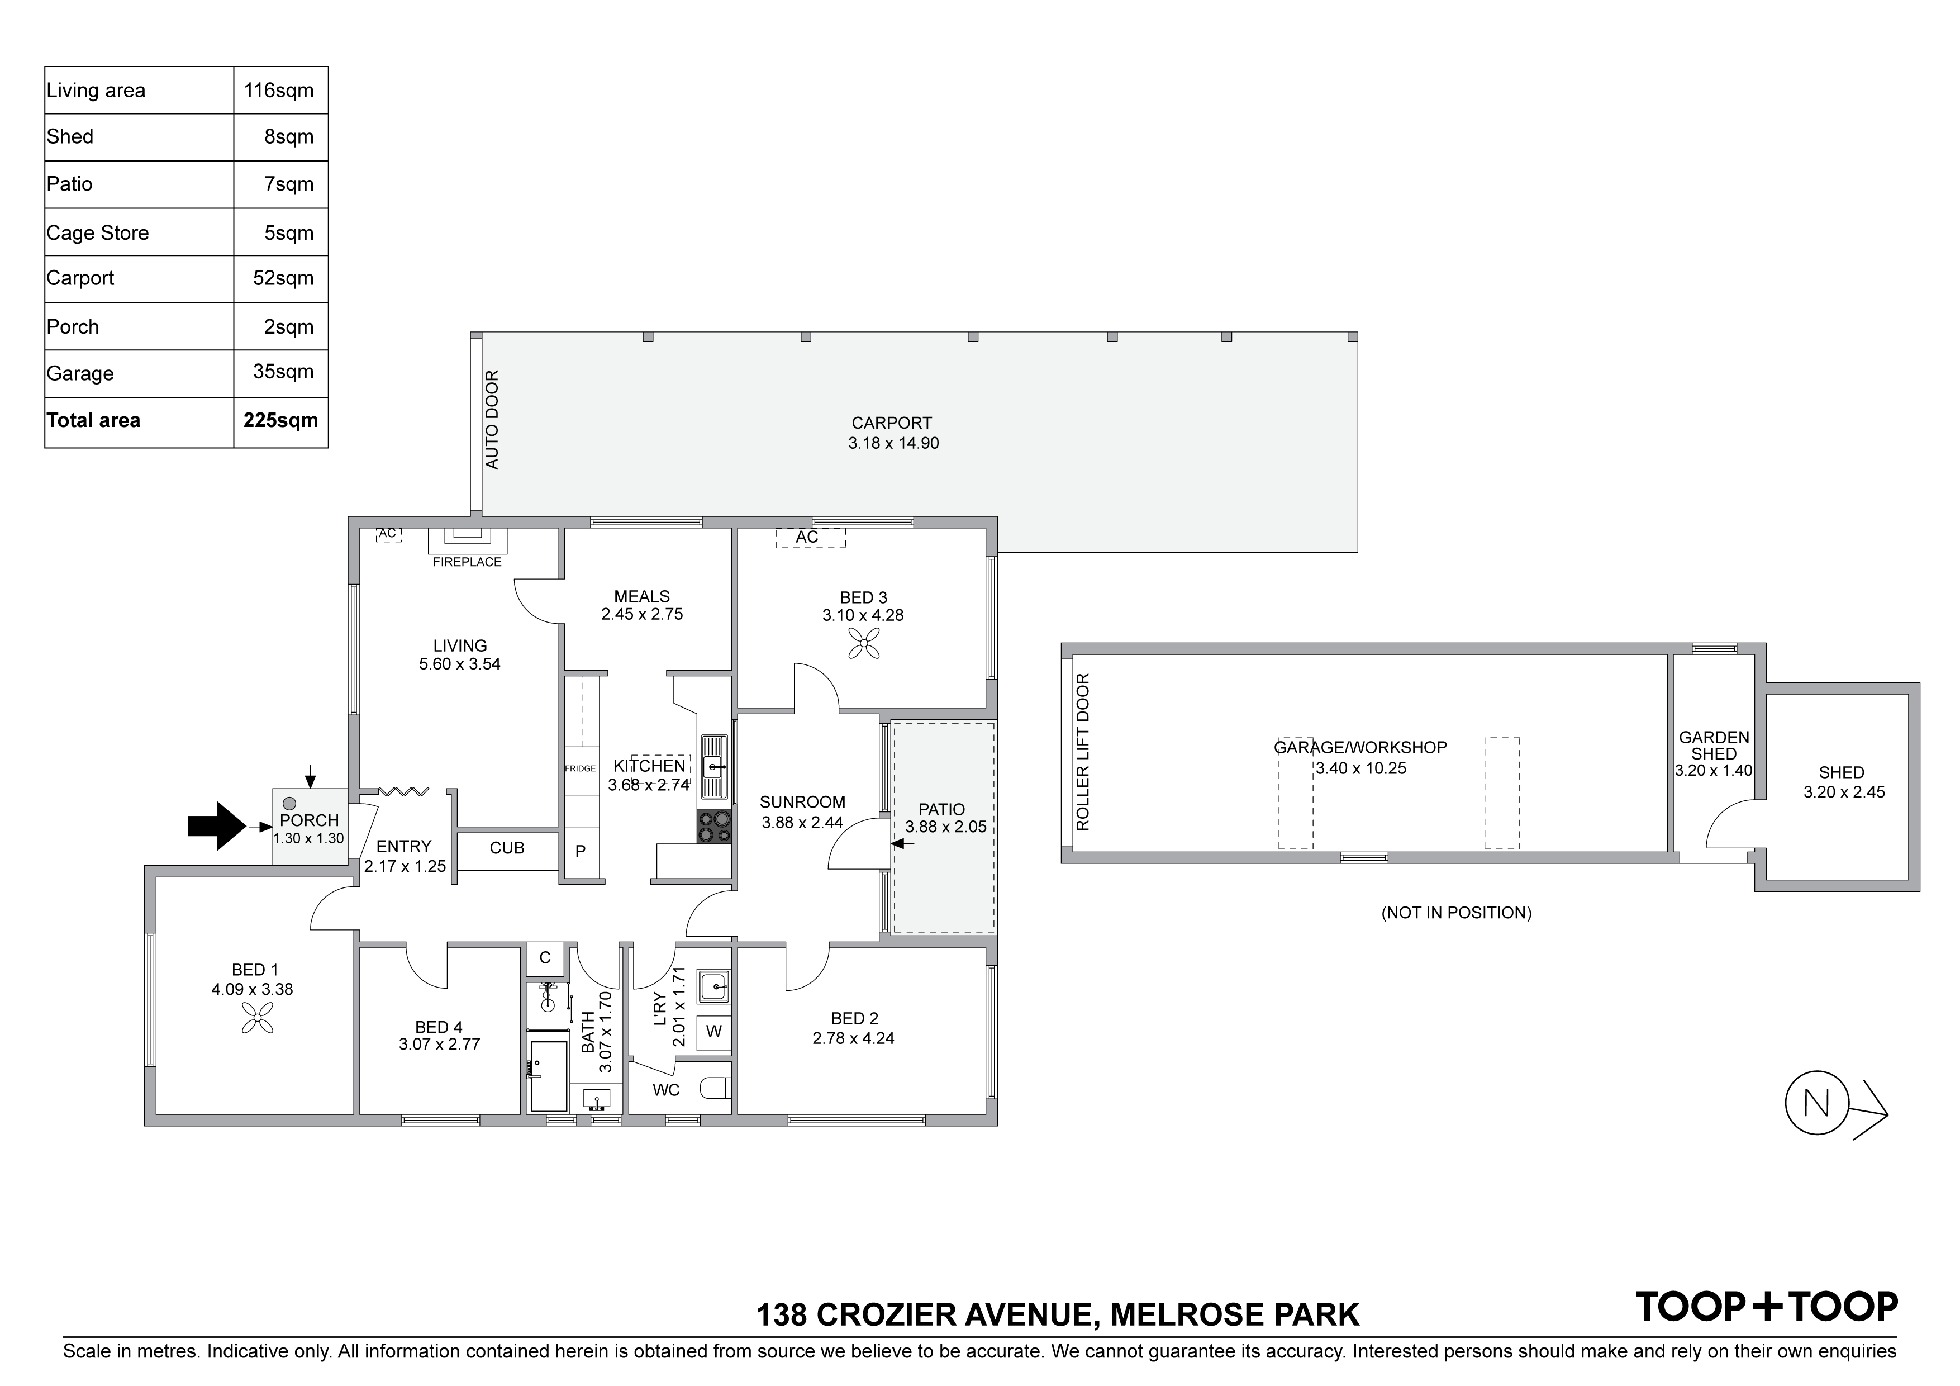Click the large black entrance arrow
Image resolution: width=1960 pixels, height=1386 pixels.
[x=216, y=826]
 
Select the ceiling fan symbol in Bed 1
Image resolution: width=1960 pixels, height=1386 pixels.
[x=257, y=1018]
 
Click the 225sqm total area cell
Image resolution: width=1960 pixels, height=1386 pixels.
[x=280, y=420]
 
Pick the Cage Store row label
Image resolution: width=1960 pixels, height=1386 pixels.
[x=97, y=233]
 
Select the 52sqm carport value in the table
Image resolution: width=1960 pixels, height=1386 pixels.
[x=283, y=278]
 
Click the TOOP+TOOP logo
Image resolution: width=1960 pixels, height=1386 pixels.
[x=1766, y=1307]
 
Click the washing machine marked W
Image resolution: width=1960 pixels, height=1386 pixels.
[x=713, y=1032]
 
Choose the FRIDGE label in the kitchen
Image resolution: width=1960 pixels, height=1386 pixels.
[x=581, y=768]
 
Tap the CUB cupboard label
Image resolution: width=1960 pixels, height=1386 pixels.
[x=507, y=848]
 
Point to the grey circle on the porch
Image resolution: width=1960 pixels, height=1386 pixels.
[x=289, y=804]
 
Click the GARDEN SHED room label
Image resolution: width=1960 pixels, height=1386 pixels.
[x=1714, y=746]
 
